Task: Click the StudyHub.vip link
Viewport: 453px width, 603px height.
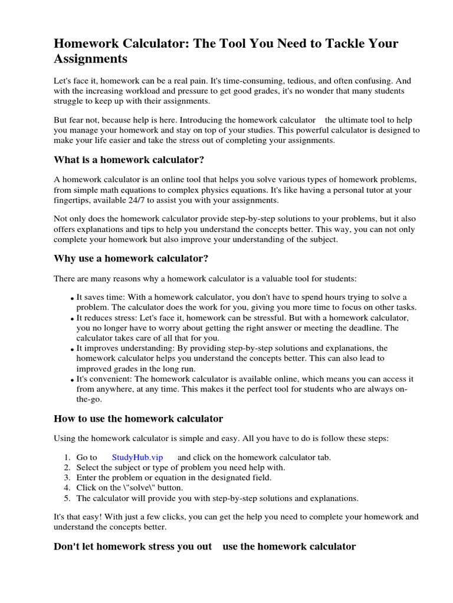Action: pos(137,457)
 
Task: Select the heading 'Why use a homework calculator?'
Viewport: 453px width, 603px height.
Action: pos(131,258)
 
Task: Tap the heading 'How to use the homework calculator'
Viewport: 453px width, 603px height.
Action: pos(138,419)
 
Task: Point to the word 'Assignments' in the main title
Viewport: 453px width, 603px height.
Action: pos(90,59)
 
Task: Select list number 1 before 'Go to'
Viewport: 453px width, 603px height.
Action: pos(67,457)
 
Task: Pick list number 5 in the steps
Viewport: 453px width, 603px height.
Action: pos(67,498)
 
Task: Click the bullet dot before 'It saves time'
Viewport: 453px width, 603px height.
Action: pos(72,299)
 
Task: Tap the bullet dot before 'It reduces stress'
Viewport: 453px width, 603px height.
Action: pos(72,319)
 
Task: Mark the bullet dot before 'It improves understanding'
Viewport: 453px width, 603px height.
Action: pos(72,349)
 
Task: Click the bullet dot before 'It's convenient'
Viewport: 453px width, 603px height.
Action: pos(72,380)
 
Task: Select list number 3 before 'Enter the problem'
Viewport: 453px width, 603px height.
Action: pos(67,478)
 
